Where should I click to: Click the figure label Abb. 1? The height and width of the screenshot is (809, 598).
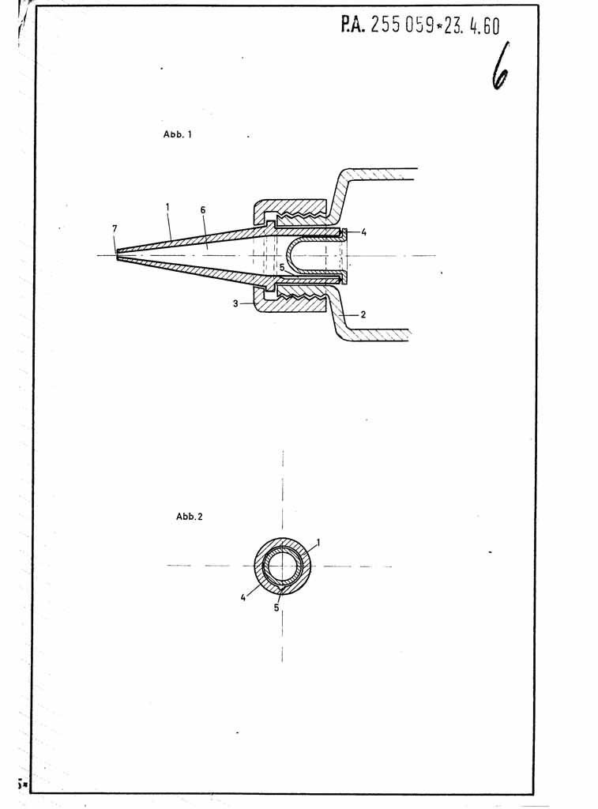[178, 134]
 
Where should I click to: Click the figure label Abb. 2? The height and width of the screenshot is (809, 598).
[190, 517]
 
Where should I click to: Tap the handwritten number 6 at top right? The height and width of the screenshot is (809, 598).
[499, 66]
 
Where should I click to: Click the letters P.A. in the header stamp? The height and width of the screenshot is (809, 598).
[353, 24]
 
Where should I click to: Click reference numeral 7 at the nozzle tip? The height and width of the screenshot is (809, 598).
[115, 228]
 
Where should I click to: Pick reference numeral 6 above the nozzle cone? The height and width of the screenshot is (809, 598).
[203, 210]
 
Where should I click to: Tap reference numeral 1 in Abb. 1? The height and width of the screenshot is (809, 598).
[167, 206]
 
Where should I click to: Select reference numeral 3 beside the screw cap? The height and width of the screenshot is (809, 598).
[235, 304]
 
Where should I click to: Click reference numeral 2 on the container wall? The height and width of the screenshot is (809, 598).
[363, 314]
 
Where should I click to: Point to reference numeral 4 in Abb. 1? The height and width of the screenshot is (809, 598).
[363, 232]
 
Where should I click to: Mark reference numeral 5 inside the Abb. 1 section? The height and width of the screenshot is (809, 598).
[282, 268]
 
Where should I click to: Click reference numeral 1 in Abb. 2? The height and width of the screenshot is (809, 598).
[318, 542]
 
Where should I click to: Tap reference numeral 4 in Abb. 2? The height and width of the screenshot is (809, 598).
[243, 598]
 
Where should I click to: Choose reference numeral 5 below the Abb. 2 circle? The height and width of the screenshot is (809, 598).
[276, 608]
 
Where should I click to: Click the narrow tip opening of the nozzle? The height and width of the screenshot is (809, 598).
[118, 255]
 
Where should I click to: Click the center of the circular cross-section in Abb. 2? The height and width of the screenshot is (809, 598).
[282, 566]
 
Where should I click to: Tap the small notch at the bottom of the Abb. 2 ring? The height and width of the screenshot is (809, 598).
[280, 587]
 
